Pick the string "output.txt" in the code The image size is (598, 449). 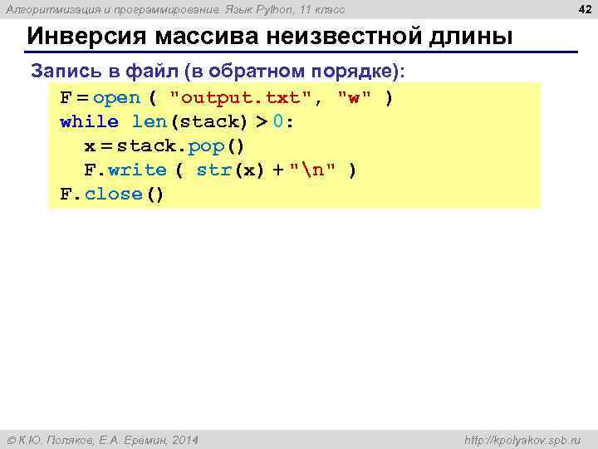pos(242,98)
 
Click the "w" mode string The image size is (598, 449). pos(355,98)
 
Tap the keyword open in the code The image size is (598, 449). pos(117,98)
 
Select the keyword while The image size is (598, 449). pos(89,122)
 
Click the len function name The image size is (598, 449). pos(149,122)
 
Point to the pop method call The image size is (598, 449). pos(213,146)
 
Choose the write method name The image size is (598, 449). pos(137,170)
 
